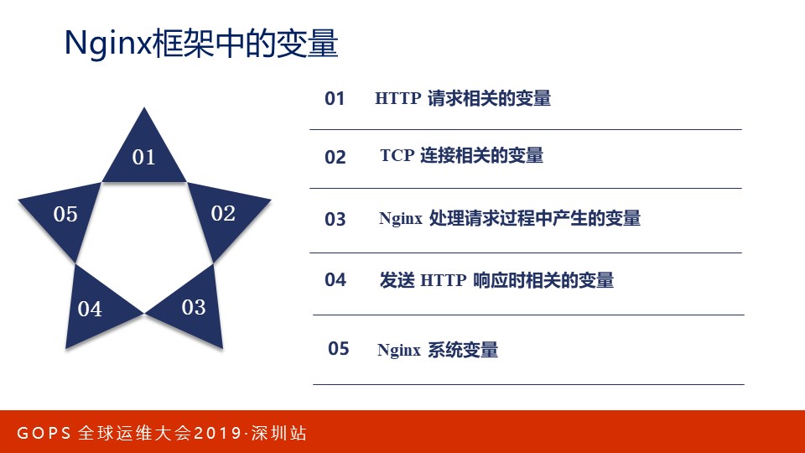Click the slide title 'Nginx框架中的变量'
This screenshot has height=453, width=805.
[201, 44]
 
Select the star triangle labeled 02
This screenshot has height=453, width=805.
[222, 214]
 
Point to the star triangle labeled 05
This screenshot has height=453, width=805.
[65, 215]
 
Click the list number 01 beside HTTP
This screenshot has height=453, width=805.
[335, 99]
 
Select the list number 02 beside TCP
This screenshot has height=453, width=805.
[335, 158]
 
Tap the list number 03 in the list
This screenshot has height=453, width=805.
[335, 220]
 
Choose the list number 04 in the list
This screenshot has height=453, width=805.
[335, 280]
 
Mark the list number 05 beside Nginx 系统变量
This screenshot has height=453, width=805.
[338, 348]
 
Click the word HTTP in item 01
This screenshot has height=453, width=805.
[397, 99]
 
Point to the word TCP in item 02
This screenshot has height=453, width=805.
[397, 156]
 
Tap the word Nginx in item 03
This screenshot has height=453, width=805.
[401, 219]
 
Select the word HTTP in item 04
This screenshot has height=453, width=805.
[443, 281]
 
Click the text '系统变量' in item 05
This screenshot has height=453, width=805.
[463, 350]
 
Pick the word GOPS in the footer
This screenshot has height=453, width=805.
[43, 434]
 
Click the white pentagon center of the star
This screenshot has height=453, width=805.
[144, 243]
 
